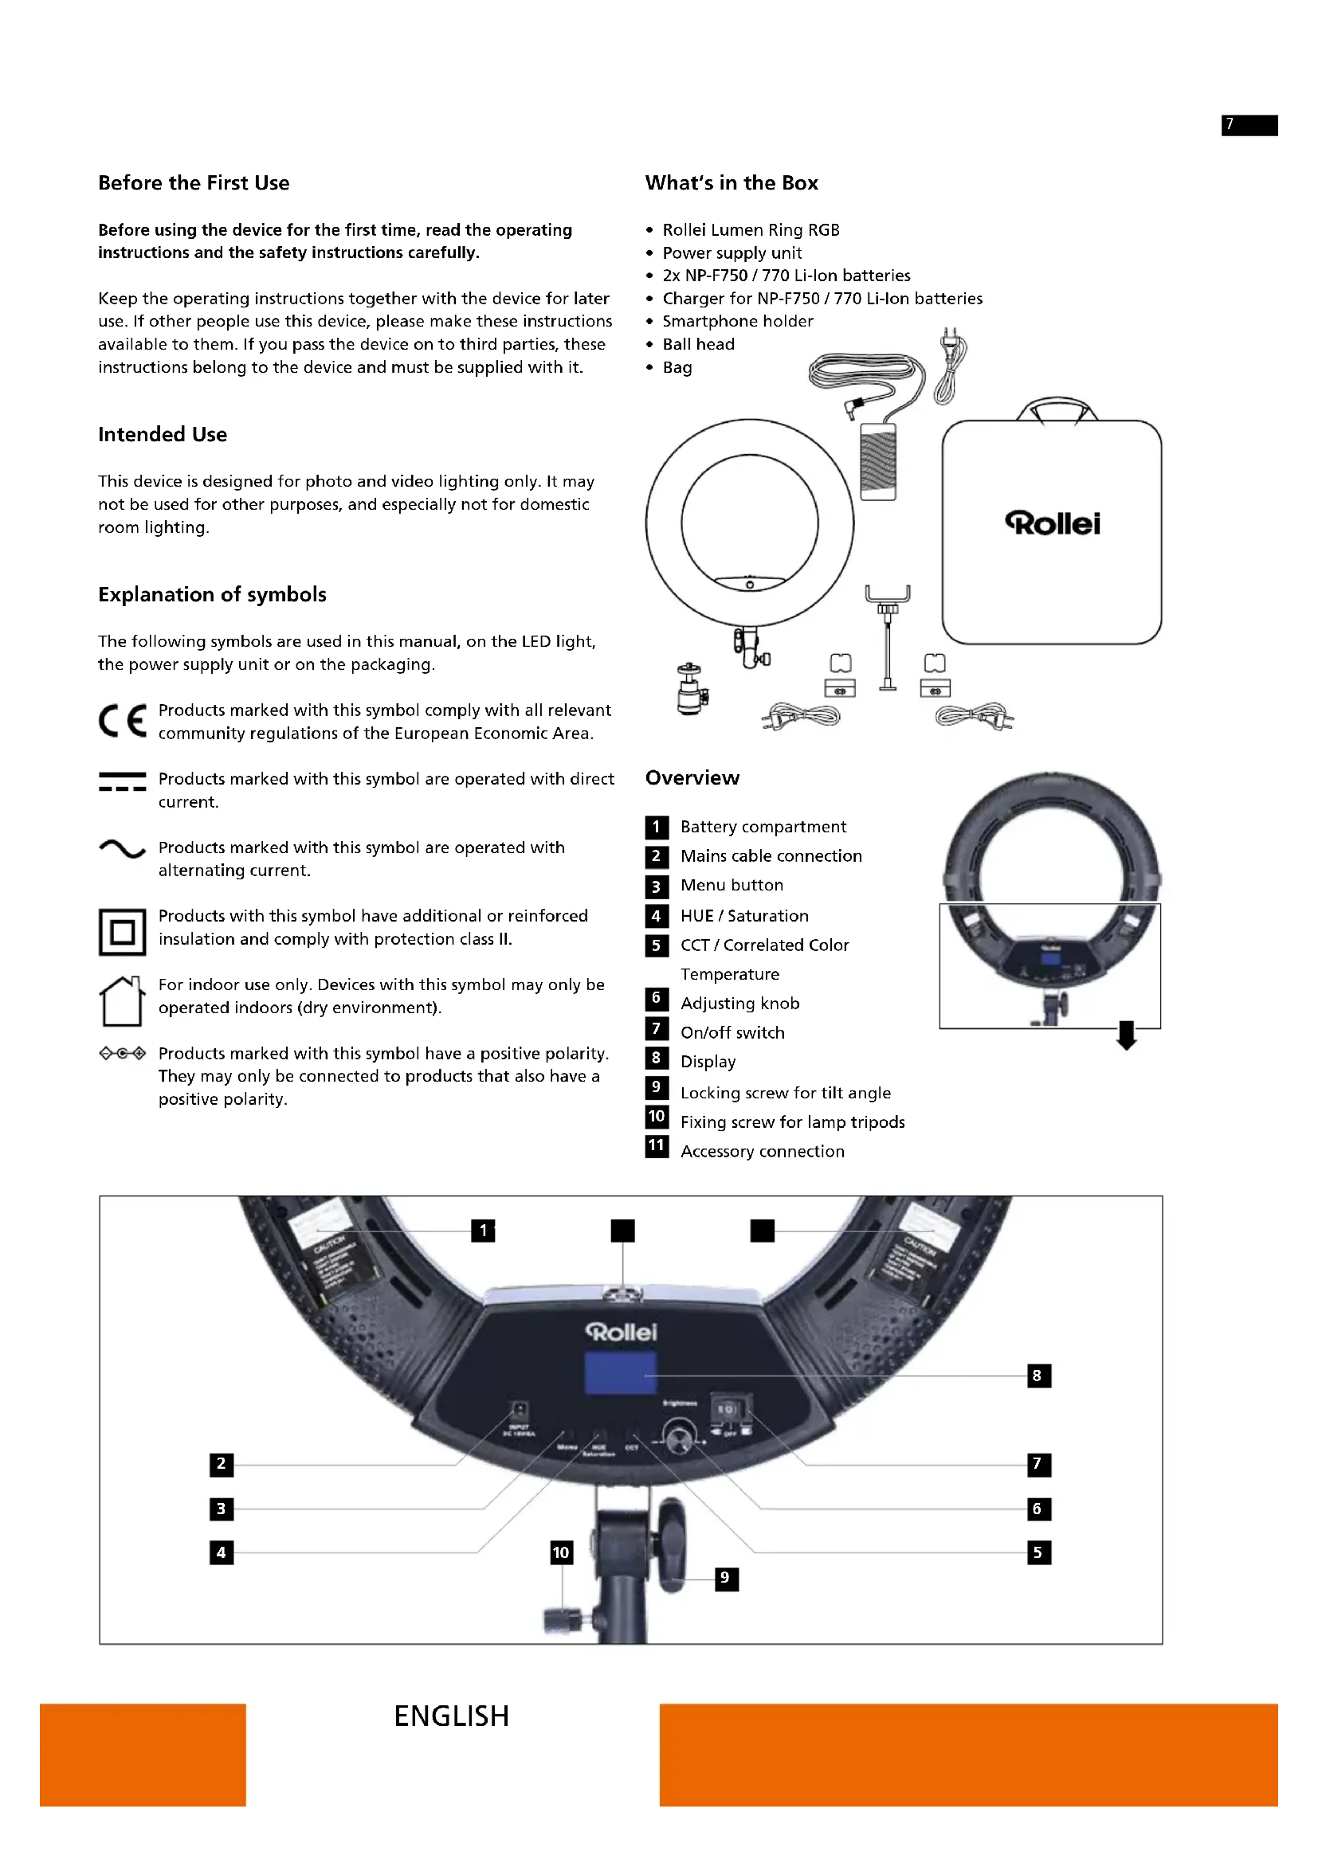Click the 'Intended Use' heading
click(163, 435)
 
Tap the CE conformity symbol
click(123, 721)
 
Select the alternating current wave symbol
click(123, 849)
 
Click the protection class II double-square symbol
click(123, 932)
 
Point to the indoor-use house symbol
click(122, 1000)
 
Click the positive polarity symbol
click(123, 1053)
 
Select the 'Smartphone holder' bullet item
click(737, 321)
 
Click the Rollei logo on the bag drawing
click(1053, 523)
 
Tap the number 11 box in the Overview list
click(657, 1145)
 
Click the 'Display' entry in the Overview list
click(708, 1063)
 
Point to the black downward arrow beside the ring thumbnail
click(1127, 1035)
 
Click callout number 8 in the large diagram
click(1038, 1376)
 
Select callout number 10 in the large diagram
click(561, 1552)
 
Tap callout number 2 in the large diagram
click(221, 1464)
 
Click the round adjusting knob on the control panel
click(677, 1437)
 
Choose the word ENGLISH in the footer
click(451, 1716)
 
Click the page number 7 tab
click(1249, 124)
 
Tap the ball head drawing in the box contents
click(692, 688)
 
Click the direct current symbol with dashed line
click(123, 781)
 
